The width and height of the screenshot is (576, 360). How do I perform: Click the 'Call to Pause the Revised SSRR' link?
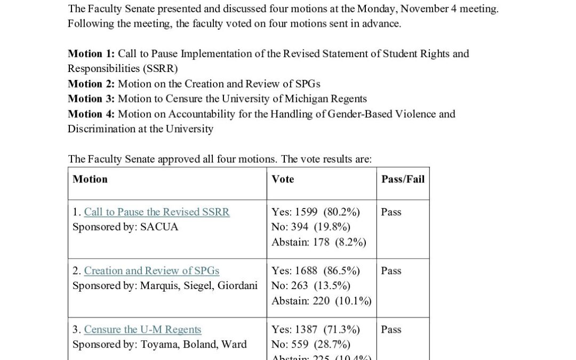tap(157, 212)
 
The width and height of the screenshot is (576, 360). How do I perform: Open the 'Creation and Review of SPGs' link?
tap(151, 270)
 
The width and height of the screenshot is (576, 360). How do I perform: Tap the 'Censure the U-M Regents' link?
tap(142, 329)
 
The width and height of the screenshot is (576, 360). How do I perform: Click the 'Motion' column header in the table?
tap(90, 179)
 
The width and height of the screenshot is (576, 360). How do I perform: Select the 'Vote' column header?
tap(283, 179)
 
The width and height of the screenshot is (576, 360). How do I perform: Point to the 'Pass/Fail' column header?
tap(403, 179)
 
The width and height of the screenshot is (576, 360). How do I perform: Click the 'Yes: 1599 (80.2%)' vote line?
tap(316, 212)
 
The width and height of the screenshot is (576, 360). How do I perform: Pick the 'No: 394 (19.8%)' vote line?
tap(311, 227)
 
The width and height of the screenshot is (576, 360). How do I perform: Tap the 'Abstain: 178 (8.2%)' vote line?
tap(319, 242)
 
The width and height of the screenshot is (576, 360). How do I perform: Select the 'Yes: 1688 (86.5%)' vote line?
tap(316, 270)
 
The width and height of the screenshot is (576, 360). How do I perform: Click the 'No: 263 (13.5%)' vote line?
tap(311, 285)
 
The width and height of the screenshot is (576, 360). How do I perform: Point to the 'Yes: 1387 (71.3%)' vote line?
tap(316, 329)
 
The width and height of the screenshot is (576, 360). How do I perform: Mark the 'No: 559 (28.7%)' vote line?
tap(311, 344)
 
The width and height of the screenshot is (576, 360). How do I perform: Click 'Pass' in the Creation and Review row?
tap(391, 270)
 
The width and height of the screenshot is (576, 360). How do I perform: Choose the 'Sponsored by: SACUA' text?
tap(125, 227)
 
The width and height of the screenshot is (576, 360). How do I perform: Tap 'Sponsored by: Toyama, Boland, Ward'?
tap(159, 344)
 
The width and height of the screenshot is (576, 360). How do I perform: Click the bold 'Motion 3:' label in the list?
tap(91, 99)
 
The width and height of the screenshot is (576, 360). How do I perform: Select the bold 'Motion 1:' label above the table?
tap(91, 53)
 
